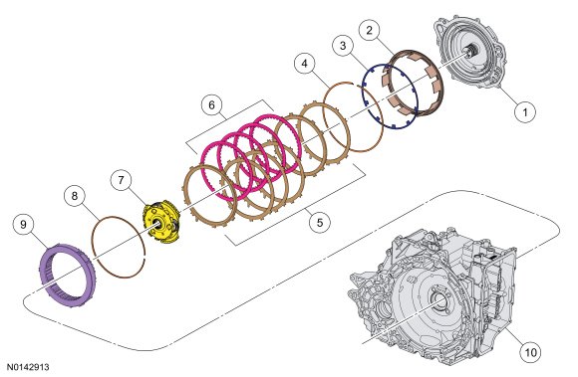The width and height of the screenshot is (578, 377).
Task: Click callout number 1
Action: pos(525,111)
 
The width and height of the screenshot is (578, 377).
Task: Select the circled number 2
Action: pos(370,30)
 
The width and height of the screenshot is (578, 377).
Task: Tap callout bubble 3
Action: pos(343,46)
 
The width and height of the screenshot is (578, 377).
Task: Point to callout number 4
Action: pos(305,64)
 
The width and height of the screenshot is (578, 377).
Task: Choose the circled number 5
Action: pos(320,223)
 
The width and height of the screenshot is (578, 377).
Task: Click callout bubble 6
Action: pos(211,105)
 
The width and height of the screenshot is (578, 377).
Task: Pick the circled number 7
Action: pos(121,180)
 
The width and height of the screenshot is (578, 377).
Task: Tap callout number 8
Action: pos(75,196)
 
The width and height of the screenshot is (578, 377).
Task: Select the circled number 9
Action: pos(23,225)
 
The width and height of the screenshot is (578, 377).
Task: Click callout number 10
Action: pos(530,352)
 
